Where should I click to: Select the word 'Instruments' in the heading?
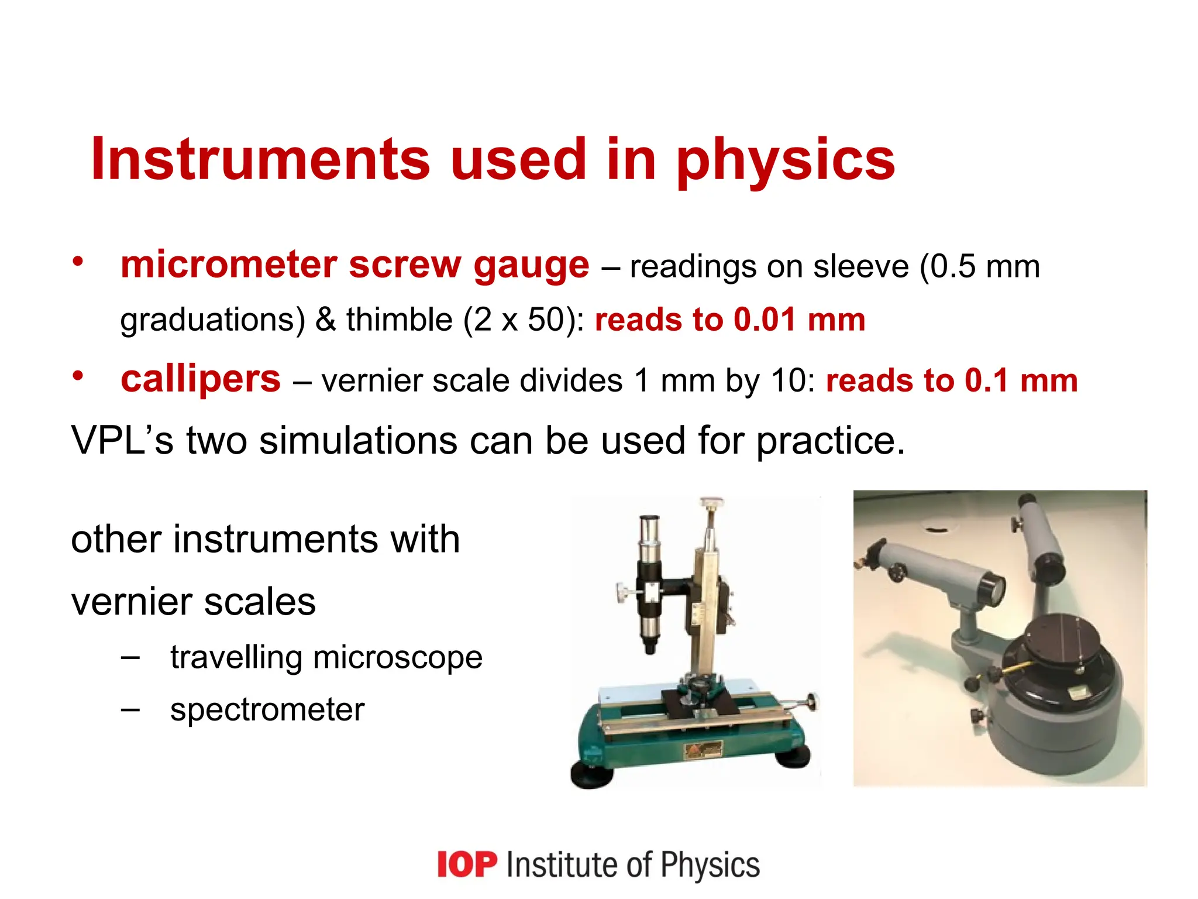tap(260, 159)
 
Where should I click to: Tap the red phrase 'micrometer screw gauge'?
tap(354, 265)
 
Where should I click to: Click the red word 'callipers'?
tap(201, 379)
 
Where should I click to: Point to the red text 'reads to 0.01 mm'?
tap(729, 320)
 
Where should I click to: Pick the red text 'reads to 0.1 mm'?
tap(951, 380)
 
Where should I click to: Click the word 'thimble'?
tap(399, 320)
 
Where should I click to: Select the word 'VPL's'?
tap(122, 440)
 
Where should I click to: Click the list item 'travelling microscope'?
tap(326, 657)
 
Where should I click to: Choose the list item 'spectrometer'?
tap(267, 710)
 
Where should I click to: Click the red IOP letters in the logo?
tap(467, 865)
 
